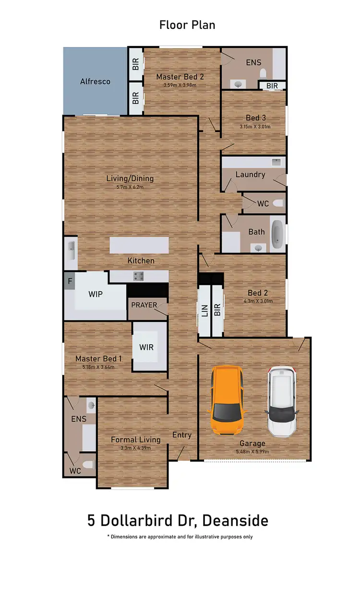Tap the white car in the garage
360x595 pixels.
pyautogui.click(x=283, y=402)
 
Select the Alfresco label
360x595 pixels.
pyautogui.click(x=95, y=82)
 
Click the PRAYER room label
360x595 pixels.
pyautogui.click(x=144, y=305)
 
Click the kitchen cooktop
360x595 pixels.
pyautogui.click(x=139, y=276)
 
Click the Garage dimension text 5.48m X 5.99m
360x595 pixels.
pyautogui.click(x=252, y=452)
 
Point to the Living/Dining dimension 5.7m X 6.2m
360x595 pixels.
pyautogui.click(x=130, y=187)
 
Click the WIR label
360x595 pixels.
pyautogui.click(x=146, y=346)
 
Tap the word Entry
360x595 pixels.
pyautogui.click(x=182, y=435)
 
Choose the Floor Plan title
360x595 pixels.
pyautogui.click(x=187, y=25)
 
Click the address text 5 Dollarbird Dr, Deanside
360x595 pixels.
pyautogui.click(x=178, y=520)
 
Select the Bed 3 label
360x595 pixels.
pyautogui.click(x=256, y=118)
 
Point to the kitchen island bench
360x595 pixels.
pyautogui.click(x=139, y=246)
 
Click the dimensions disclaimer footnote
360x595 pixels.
pyautogui.click(x=180, y=537)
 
